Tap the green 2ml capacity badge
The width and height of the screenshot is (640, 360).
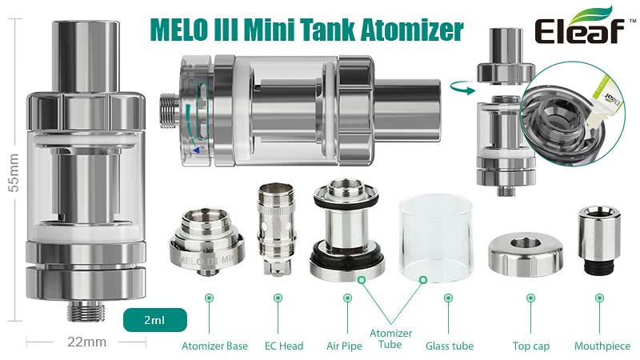[155, 320]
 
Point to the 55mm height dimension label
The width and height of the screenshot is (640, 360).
[14, 173]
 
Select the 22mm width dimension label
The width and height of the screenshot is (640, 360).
[86, 342]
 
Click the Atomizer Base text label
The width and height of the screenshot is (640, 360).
[214, 346]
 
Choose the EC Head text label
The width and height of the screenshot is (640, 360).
[284, 346]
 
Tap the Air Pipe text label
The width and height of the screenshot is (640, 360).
[344, 346]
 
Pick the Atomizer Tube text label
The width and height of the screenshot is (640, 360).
[390, 338]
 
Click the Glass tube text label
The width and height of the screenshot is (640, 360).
[450, 346]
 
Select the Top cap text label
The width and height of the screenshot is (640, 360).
[531, 346]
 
